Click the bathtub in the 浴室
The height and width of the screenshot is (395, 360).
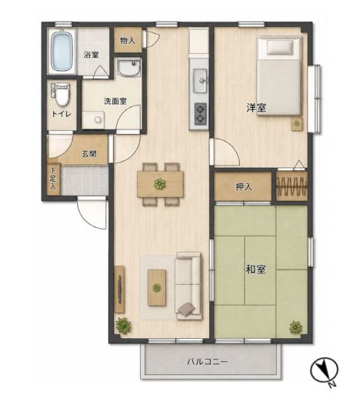click(61, 51)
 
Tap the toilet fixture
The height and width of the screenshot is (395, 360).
click(61, 94)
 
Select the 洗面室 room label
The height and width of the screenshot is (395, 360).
click(115, 101)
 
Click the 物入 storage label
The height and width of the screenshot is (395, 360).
click(128, 41)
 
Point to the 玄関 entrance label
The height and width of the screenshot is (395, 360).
click(89, 153)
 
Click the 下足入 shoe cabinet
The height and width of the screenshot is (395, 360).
click(53, 179)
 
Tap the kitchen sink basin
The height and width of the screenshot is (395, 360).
click(200, 81)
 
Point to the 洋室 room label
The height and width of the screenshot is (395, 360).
click(256, 108)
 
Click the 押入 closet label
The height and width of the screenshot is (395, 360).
click(244, 187)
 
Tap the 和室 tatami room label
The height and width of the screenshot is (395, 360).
click(255, 269)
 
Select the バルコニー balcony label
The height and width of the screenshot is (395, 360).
click(207, 362)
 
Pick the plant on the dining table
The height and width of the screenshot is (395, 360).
click(160, 184)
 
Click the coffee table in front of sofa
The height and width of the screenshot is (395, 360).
click(157, 287)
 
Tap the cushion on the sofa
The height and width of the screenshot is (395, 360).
click(186, 309)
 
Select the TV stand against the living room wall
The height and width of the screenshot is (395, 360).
click(119, 290)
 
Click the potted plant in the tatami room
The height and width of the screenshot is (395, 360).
click(296, 327)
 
